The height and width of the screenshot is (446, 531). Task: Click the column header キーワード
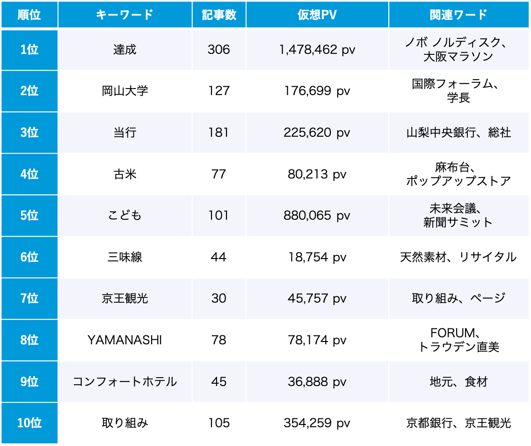(124, 15)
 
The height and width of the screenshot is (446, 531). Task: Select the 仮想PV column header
(317, 15)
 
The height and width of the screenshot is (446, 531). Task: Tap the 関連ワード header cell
(458, 15)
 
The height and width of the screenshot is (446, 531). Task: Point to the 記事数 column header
(219, 15)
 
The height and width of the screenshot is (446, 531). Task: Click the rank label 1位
(29, 50)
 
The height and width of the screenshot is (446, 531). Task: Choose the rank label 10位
(29, 423)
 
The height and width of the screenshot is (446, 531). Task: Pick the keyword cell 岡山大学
(124, 91)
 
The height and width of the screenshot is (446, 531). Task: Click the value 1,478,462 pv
(317, 50)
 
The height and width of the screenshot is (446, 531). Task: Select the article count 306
(219, 50)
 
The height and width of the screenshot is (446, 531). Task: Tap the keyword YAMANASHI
(124, 340)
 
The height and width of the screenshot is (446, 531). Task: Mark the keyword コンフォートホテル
(124, 381)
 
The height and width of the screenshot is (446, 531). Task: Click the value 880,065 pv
(317, 216)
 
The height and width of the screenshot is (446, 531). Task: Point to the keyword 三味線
(124, 257)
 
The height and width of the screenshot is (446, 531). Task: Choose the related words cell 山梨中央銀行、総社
(458, 133)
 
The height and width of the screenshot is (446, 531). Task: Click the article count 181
(219, 133)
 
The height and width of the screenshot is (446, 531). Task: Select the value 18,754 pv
(317, 257)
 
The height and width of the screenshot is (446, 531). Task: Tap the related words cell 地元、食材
(458, 381)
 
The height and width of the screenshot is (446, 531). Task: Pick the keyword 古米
(124, 174)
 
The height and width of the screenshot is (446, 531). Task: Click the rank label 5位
(29, 216)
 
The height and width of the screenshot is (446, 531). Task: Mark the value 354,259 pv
(317, 423)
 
